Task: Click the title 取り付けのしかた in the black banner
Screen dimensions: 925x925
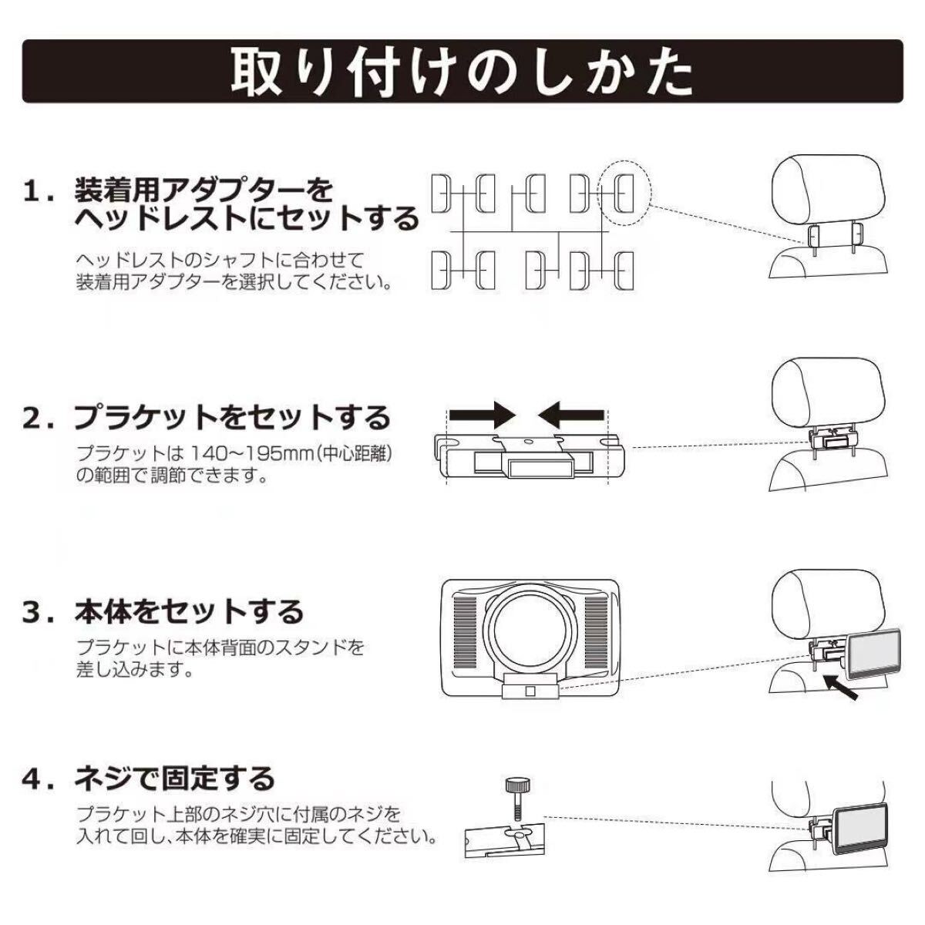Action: coord(462,72)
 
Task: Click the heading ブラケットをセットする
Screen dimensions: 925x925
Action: coord(233,417)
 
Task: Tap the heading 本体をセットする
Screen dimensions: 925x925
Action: coord(189,612)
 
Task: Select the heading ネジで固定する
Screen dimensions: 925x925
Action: coord(175,778)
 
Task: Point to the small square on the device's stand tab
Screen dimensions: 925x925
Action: coord(530,691)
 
